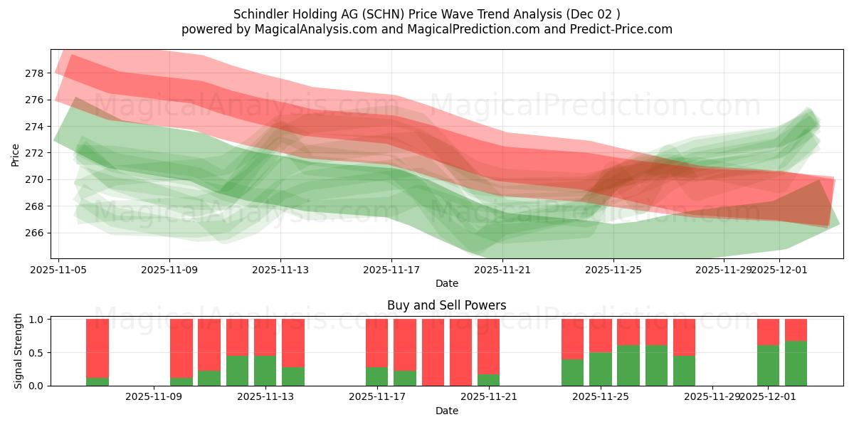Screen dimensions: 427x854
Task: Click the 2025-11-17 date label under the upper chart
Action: [x=391, y=270]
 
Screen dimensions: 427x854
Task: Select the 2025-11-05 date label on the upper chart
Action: [x=59, y=270]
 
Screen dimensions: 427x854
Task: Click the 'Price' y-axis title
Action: [x=15, y=154]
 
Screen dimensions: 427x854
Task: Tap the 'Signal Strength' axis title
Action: [x=19, y=351]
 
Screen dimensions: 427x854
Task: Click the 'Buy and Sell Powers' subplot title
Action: [x=446, y=305]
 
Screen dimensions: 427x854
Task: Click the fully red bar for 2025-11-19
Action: [x=433, y=352]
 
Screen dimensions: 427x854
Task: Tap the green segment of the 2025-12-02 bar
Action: [x=796, y=364]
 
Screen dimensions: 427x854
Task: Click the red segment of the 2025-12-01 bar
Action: [x=768, y=332]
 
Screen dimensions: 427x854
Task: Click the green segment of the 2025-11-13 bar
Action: [x=265, y=371]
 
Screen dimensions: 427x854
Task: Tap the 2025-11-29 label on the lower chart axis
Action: [x=712, y=397]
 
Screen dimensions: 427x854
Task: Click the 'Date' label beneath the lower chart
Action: [x=446, y=411]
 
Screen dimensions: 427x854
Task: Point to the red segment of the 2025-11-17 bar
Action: [x=376, y=342]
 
